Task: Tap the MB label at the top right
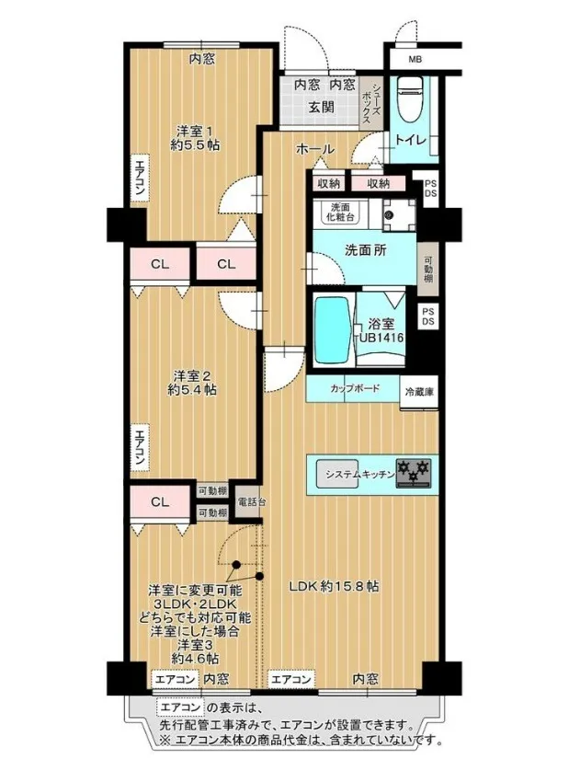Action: point(415,60)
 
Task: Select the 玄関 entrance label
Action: point(321,108)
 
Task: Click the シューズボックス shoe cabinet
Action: point(370,103)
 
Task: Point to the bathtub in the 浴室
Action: point(332,330)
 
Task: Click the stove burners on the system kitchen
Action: point(413,472)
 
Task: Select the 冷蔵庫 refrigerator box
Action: point(419,392)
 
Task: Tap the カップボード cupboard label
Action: point(355,388)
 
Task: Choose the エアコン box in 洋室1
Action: point(140,178)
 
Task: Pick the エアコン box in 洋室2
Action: point(140,447)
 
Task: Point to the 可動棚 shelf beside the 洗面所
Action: point(428,270)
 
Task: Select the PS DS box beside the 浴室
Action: point(428,316)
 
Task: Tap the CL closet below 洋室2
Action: point(160,502)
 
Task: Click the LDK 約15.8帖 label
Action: point(335,586)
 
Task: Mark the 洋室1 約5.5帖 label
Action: point(196,138)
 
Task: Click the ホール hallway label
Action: point(314,149)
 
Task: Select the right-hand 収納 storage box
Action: point(378,183)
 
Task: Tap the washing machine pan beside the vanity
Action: point(399,215)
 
